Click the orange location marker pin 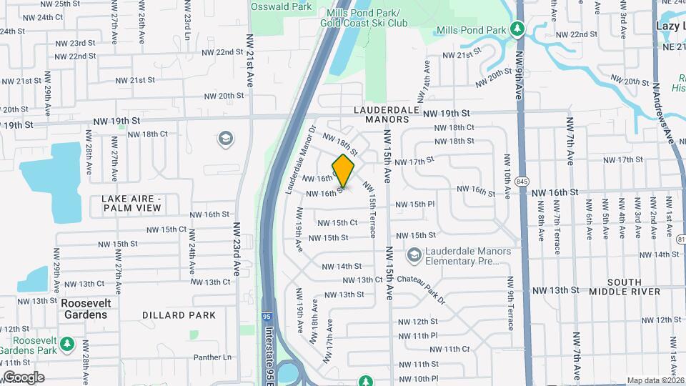click(344, 171)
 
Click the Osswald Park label click(282, 6)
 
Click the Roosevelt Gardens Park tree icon click(67, 345)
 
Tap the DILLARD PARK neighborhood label click(179, 315)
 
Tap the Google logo click(24, 377)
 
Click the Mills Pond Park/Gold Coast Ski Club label click(367, 18)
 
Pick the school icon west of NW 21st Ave click(224, 137)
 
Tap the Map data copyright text click(655, 380)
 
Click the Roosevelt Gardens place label click(85, 309)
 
